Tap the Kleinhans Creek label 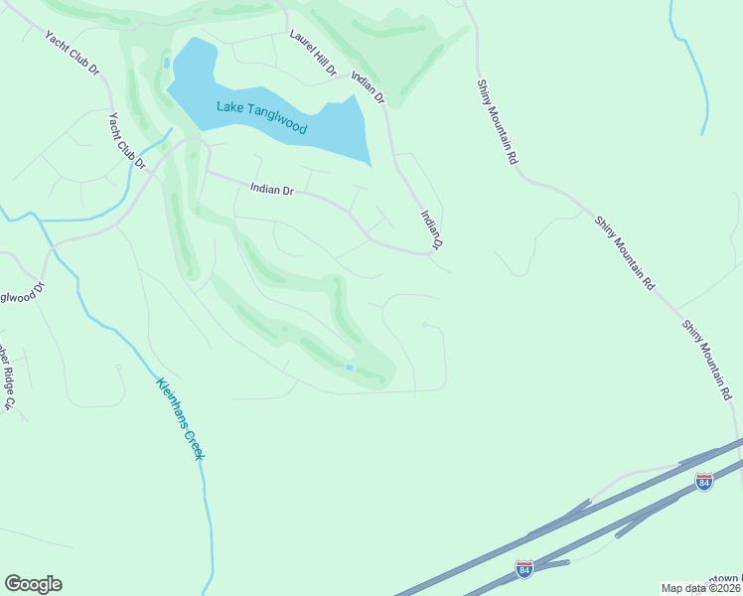[x=180, y=417]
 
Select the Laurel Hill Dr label [x=313, y=52]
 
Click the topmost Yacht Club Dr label [x=72, y=53]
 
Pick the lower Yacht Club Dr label [x=126, y=140]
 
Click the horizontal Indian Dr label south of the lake [x=272, y=188]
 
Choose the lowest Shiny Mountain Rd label [x=708, y=359]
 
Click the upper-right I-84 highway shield [x=704, y=482]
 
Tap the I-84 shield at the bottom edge [x=523, y=568]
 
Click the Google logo [x=33, y=584]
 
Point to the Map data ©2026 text [x=701, y=588]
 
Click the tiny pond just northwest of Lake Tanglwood [x=166, y=63]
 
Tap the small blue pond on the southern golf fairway [x=349, y=368]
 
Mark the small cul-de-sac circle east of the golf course [x=425, y=324]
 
